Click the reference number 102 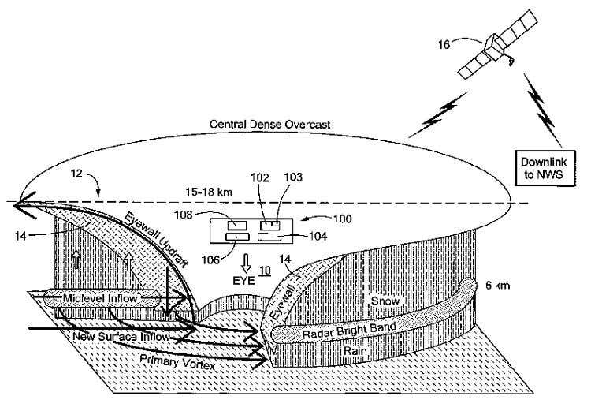pos(260,178)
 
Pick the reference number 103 pos(293,178)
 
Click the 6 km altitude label pos(494,285)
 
